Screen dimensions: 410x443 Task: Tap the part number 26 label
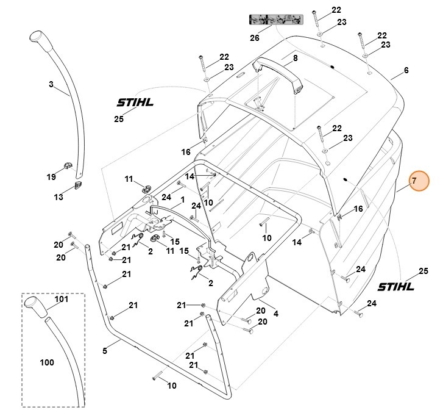(x=254, y=38)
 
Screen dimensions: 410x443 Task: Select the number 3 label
(x=51, y=85)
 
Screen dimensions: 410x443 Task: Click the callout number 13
(x=58, y=197)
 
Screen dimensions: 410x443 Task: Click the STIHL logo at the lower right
(x=395, y=286)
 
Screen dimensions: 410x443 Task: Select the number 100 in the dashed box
(x=46, y=362)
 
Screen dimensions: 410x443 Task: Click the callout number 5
(x=104, y=351)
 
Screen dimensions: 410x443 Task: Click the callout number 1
(x=182, y=199)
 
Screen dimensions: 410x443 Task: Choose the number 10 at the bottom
(x=172, y=385)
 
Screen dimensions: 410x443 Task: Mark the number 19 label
(x=51, y=177)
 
